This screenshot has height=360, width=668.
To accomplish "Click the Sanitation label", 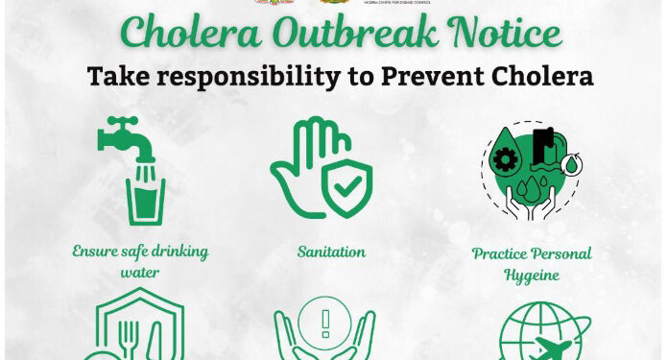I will pyautogui.click(x=331, y=252).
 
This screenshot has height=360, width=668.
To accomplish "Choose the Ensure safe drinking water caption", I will pyautogui.click(x=140, y=261).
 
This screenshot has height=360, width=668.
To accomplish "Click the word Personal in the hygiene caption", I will pyautogui.click(x=556, y=254).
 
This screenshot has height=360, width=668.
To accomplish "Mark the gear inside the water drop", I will pyautogui.click(x=505, y=158).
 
